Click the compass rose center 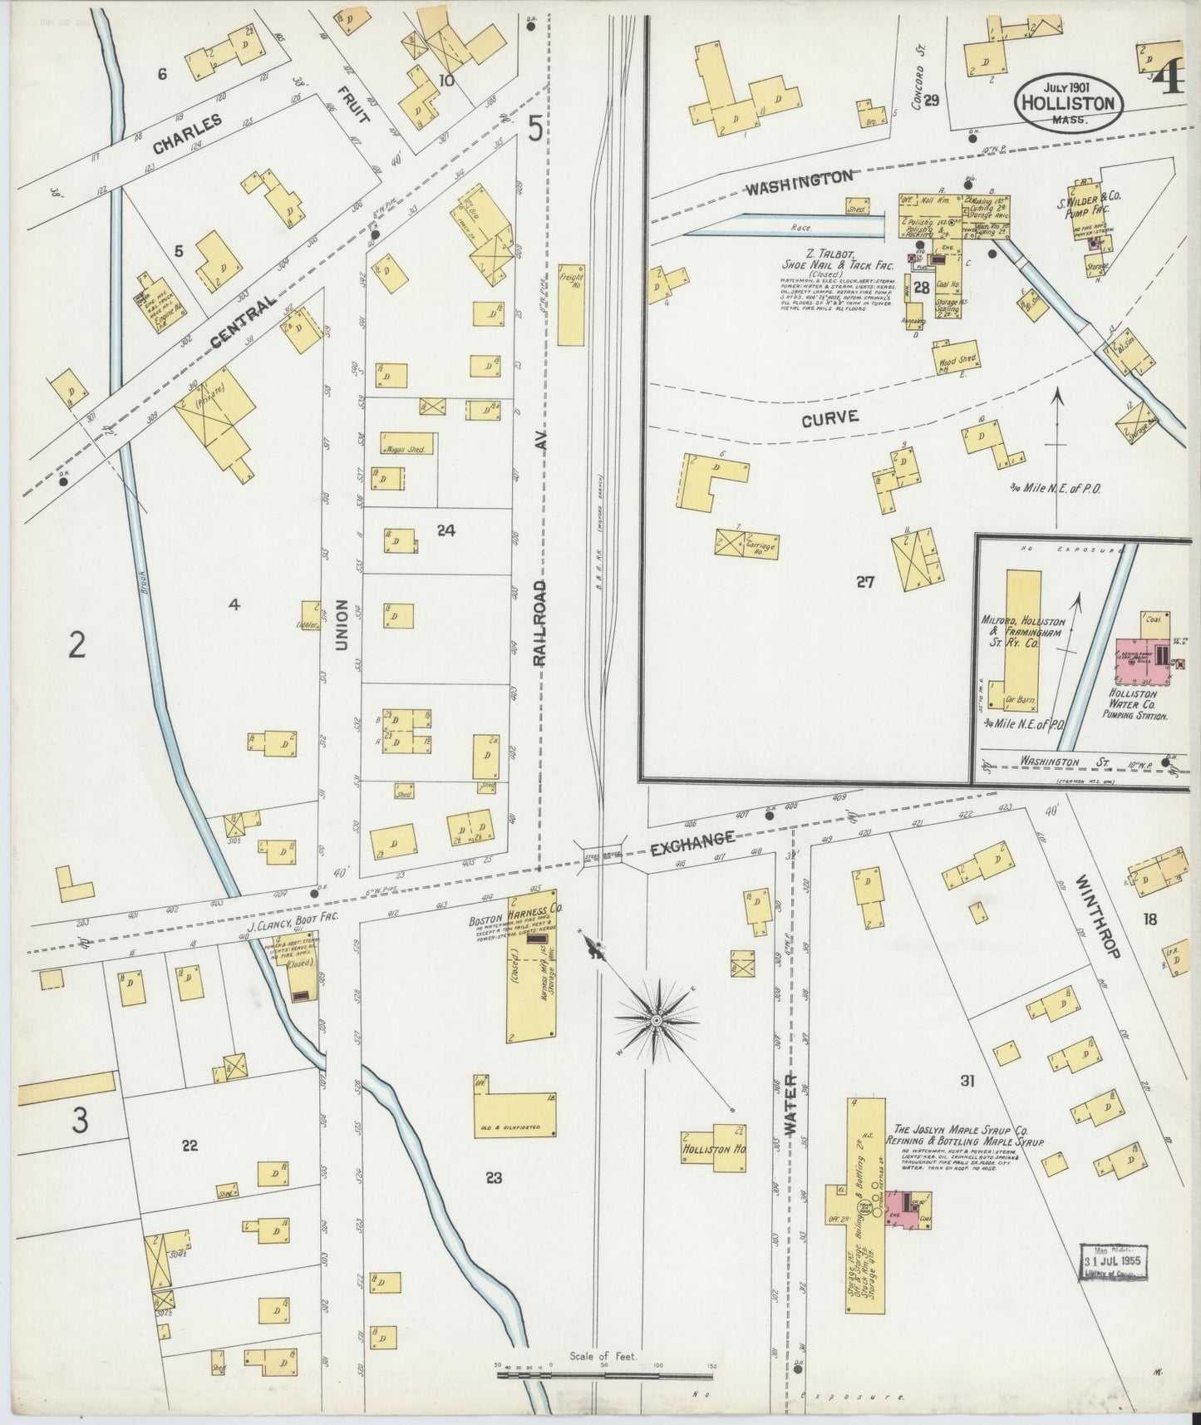pyautogui.click(x=657, y=1019)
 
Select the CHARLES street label pyautogui.click(x=188, y=133)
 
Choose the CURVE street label pyautogui.click(x=829, y=419)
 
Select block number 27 pyautogui.click(x=865, y=583)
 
